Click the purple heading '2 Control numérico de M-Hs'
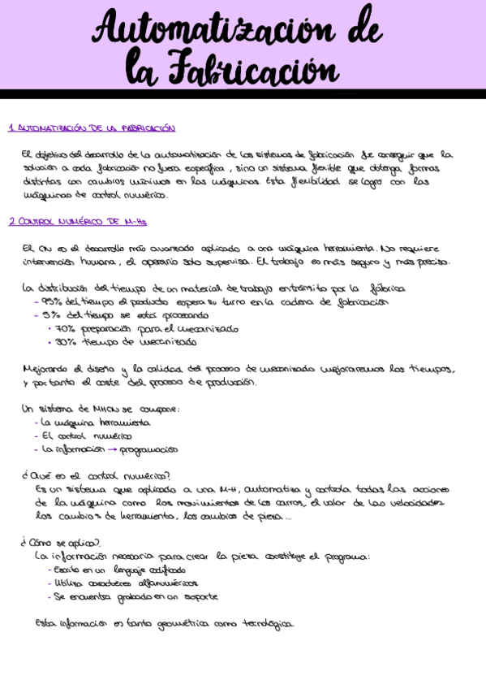[77, 222]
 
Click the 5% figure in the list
[50, 315]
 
